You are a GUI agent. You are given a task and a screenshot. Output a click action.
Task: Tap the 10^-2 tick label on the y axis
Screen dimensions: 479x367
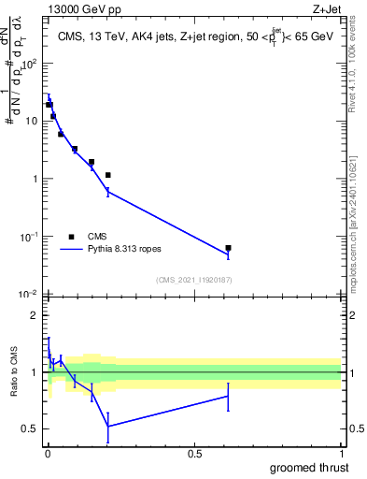(30, 294)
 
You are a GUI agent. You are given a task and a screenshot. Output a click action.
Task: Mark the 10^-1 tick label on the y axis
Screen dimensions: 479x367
(30, 237)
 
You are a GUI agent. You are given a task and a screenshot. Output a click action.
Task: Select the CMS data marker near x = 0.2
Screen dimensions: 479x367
(108, 175)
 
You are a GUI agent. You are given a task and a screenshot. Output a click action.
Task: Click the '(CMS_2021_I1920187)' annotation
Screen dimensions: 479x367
(194, 279)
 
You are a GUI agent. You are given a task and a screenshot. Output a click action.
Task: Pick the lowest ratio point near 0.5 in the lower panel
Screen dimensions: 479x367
(108, 427)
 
